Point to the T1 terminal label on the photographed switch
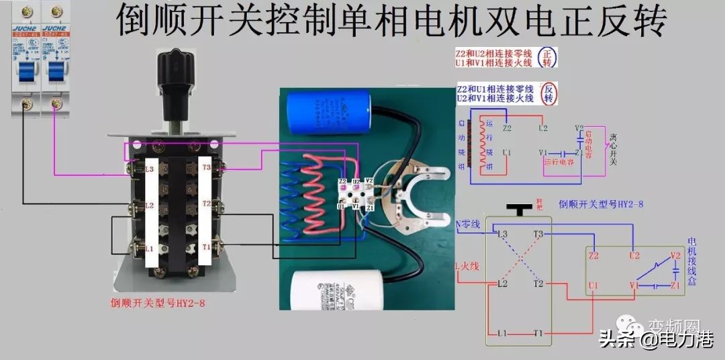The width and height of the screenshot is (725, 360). tap(206, 247)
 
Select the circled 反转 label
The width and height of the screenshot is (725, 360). tap(548, 93)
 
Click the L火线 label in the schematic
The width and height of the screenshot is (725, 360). tap(467, 267)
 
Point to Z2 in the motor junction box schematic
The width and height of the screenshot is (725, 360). tap(593, 255)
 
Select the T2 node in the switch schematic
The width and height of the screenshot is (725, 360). tap(538, 284)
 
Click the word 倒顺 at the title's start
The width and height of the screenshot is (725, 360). tap(145, 22)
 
